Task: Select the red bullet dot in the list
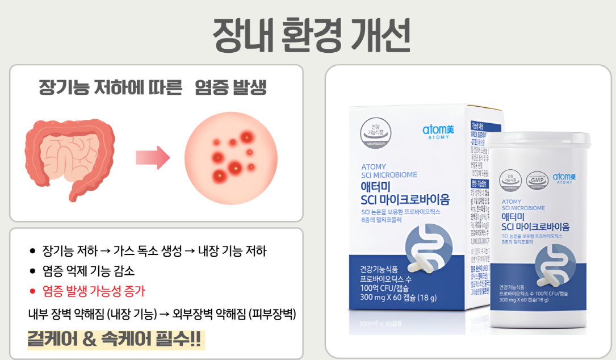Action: click(x=33, y=291)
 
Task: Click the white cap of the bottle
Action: click(x=543, y=144)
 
